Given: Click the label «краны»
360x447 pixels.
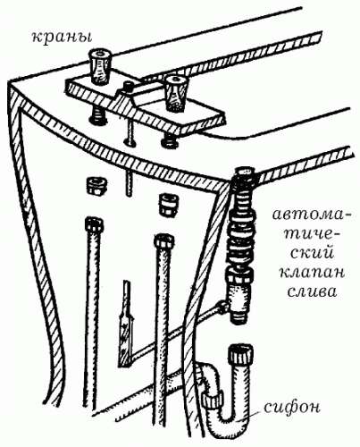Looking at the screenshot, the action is click(x=62, y=38).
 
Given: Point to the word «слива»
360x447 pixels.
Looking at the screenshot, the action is click(x=313, y=291).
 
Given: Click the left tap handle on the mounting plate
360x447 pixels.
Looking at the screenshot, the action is click(x=99, y=67).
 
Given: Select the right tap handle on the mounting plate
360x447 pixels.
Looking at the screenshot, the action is click(x=177, y=93).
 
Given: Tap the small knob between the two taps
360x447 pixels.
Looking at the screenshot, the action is click(x=129, y=88).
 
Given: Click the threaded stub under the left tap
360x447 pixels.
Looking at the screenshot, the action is click(x=96, y=116).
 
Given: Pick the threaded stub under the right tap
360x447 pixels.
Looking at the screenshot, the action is click(x=170, y=139).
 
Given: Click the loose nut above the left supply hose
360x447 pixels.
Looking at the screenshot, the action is click(x=96, y=186).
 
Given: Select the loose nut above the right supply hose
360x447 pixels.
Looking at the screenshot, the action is click(x=168, y=205).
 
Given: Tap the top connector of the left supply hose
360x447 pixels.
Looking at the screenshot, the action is click(x=94, y=225).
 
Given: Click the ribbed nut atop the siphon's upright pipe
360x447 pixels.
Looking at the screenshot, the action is click(x=240, y=355).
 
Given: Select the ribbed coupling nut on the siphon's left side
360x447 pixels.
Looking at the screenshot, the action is click(x=212, y=401).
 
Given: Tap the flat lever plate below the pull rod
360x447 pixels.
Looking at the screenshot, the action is click(x=125, y=337).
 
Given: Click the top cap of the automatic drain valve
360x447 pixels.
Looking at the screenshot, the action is click(x=244, y=173).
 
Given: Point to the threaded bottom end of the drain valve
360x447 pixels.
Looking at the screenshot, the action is click(x=239, y=316).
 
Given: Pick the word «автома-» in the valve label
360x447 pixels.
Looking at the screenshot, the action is click(x=311, y=215).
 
